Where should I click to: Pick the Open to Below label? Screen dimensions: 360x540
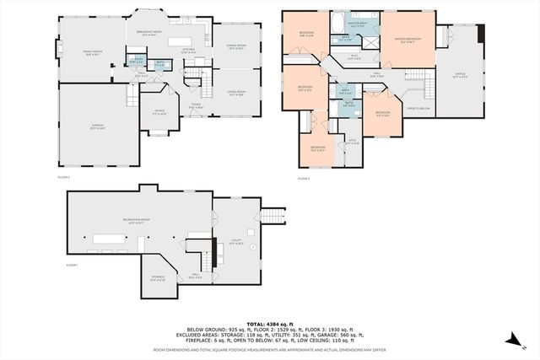pos(418,109)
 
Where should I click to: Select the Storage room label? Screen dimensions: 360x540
pos(159,277)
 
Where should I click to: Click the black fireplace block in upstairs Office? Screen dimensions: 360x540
pos(480,34)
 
